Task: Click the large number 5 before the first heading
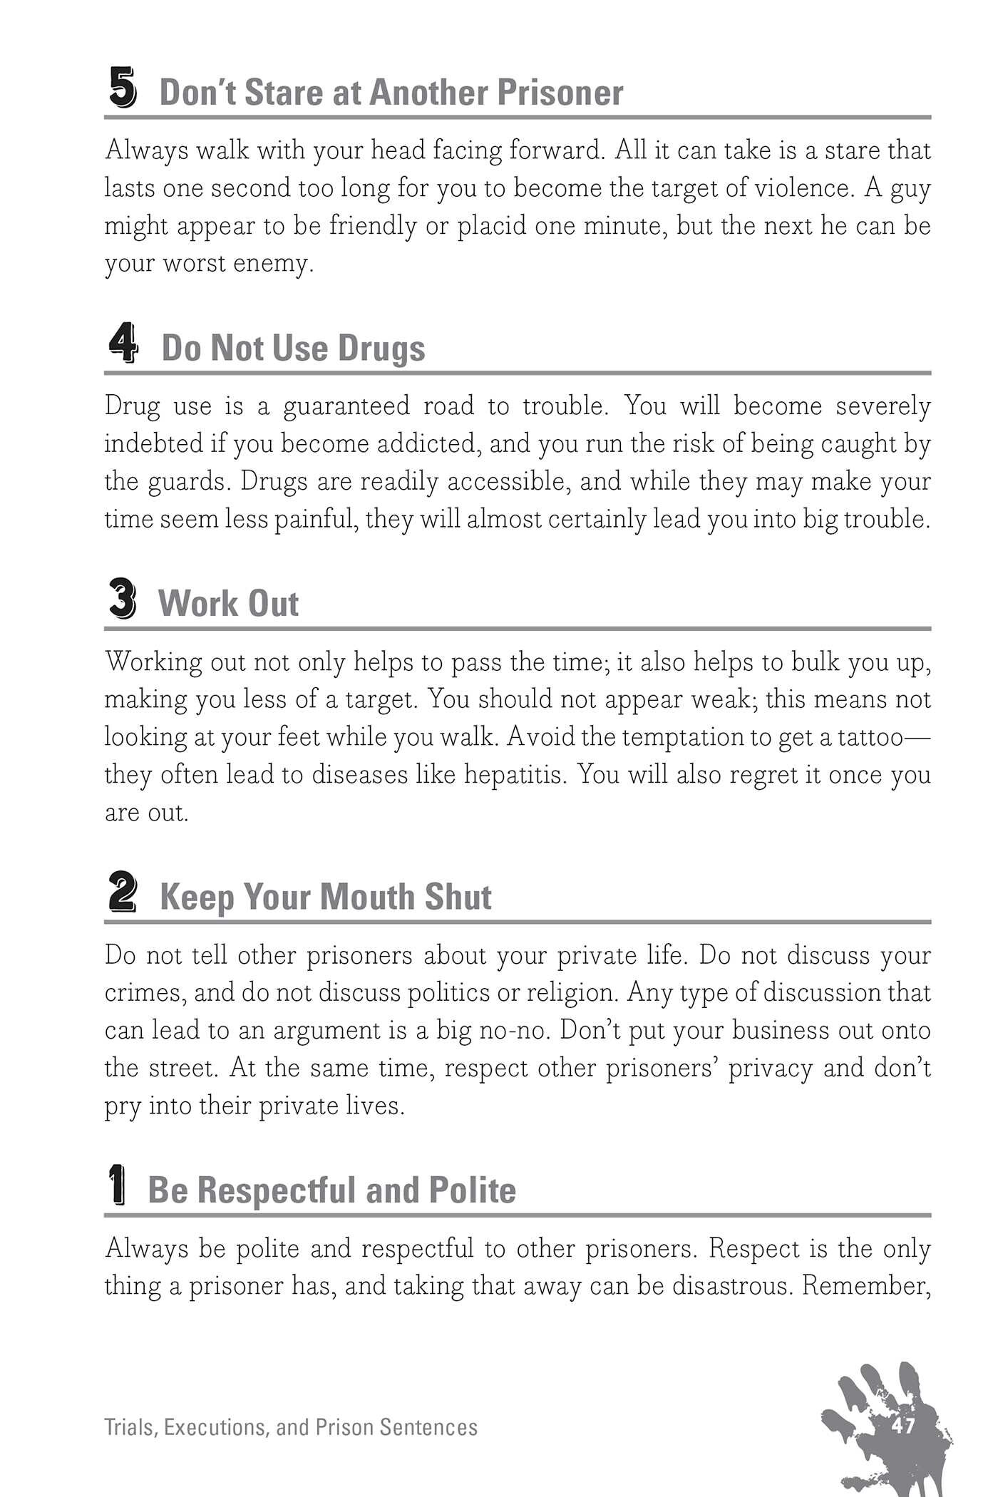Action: [123, 88]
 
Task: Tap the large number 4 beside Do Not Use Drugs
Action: [123, 344]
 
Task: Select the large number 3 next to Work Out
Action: [123, 599]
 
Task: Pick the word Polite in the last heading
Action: [472, 1190]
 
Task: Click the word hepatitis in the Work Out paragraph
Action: [512, 775]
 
